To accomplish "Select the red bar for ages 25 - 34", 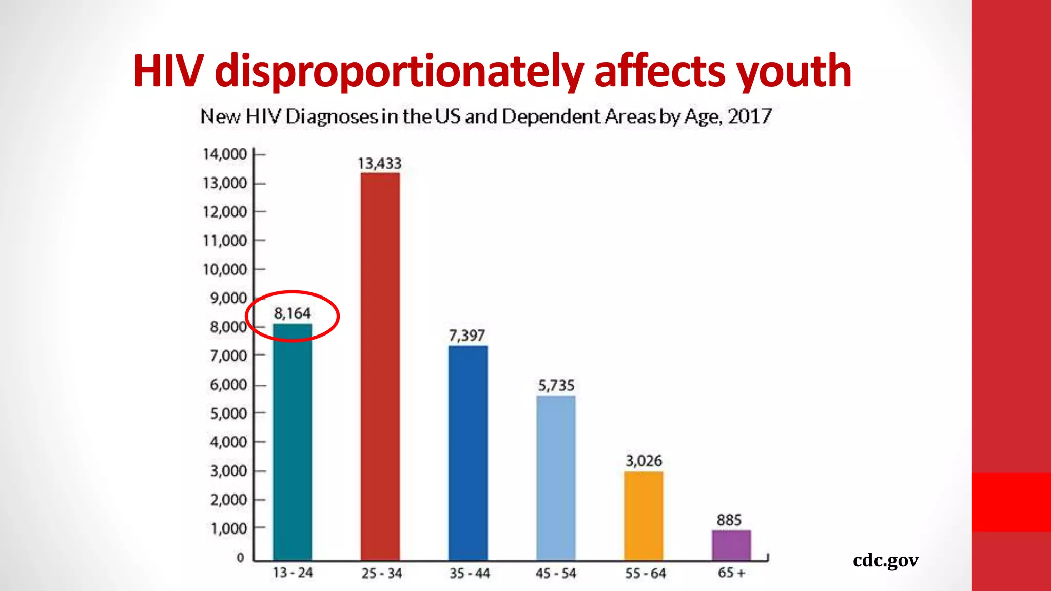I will pyautogui.click(x=380, y=366).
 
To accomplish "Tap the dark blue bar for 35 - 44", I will pyautogui.click(x=468, y=452).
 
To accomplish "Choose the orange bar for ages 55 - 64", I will pyautogui.click(x=644, y=516).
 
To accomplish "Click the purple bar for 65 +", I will pyautogui.click(x=731, y=545).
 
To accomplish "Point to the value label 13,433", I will pyautogui.click(x=379, y=164).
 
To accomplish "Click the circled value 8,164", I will pyautogui.click(x=292, y=313).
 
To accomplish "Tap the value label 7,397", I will pyautogui.click(x=467, y=336).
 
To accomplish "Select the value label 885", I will pyautogui.click(x=729, y=520).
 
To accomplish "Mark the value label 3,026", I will pyautogui.click(x=644, y=461).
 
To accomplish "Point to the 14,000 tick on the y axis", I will pyautogui.click(x=225, y=154).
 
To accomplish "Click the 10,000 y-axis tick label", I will pyautogui.click(x=225, y=269).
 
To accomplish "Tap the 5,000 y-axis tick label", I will pyautogui.click(x=228, y=413).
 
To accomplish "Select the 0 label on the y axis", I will pyautogui.click(x=240, y=558).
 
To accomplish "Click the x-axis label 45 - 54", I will pyautogui.click(x=556, y=573).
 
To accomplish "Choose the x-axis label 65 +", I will pyautogui.click(x=731, y=573).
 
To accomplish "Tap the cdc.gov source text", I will pyautogui.click(x=885, y=560).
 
